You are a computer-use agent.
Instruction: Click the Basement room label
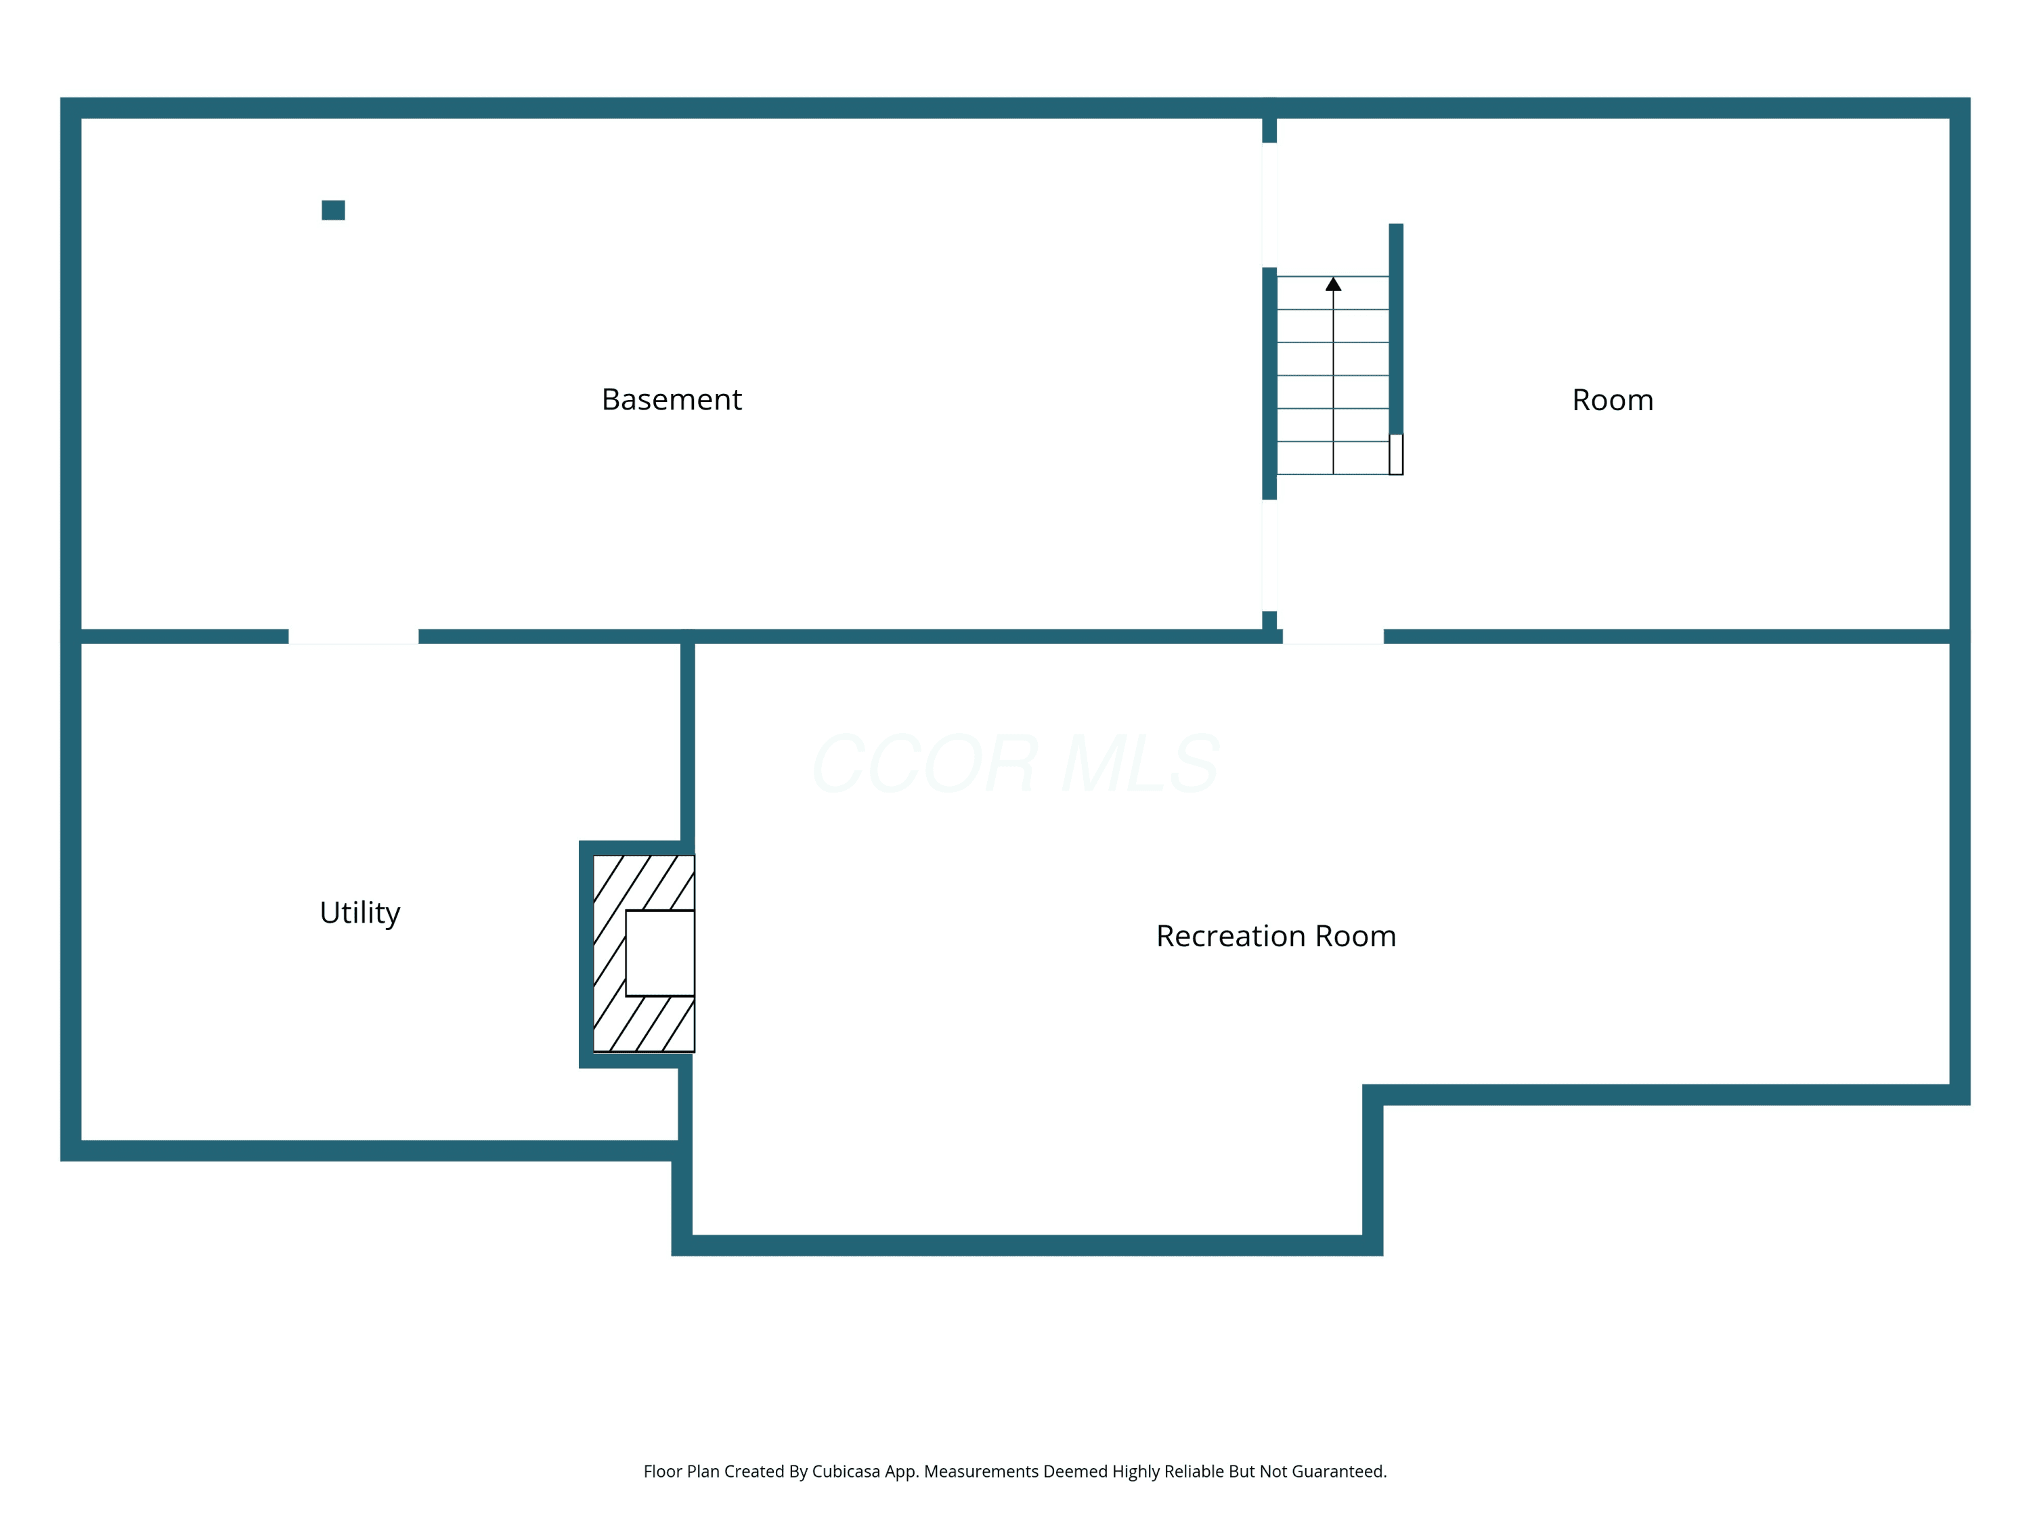[671, 399]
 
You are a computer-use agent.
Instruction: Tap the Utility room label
[360, 912]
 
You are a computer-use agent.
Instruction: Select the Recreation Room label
[1276, 935]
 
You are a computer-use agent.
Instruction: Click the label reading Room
[1613, 400]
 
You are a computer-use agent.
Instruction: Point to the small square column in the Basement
[333, 211]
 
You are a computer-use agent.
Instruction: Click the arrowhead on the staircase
[1333, 284]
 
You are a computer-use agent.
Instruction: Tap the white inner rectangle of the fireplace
[659, 953]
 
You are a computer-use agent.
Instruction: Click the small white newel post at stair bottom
[1395, 454]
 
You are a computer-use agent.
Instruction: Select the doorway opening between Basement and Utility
[353, 636]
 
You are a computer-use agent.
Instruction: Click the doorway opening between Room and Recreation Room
[1333, 636]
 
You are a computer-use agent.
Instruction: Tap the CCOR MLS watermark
[1016, 764]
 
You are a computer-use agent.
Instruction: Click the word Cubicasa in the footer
[846, 1472]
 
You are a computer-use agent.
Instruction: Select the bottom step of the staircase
[1333, 458]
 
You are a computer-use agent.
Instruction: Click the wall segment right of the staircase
[1395, 329]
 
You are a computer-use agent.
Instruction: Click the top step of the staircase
[1333, 293]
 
